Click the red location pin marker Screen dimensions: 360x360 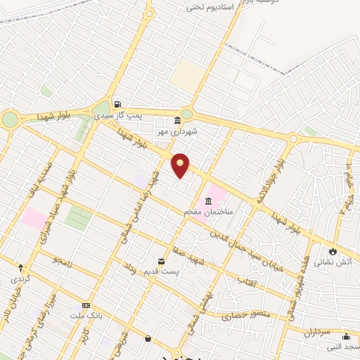(x=181, y=165)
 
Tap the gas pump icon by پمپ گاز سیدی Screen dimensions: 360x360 (x=117, y=103)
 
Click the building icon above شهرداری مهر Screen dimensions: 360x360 (x=176, y=120)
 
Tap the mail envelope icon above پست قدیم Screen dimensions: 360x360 (x=161, y=261)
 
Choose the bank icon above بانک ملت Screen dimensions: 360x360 (x=86, y=306)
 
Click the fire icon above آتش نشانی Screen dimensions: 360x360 (x=333, y=251)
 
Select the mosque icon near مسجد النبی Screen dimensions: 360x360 (x=346, y=336)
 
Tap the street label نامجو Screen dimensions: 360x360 (x=62, y=262)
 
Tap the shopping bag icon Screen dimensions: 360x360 (x=148, y=339)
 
